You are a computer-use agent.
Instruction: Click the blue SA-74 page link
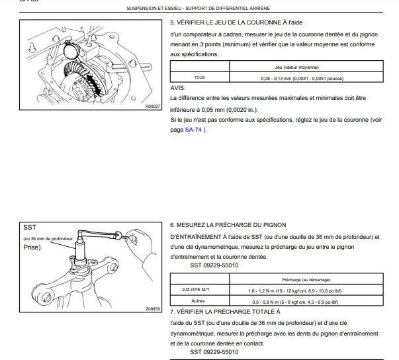click(194, 130)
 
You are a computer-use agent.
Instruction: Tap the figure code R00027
click(154, 107)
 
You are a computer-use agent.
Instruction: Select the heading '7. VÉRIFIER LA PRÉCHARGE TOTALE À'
click(225, 310)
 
